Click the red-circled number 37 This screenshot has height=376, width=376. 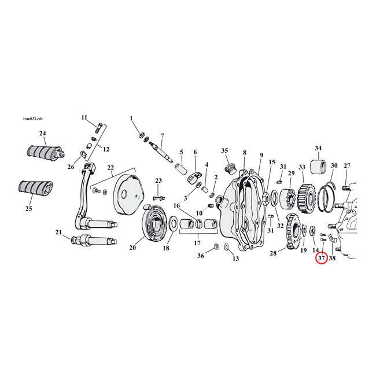pos(321,259)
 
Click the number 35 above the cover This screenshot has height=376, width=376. pos(225,151)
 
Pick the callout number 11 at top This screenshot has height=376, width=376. pos(84,117)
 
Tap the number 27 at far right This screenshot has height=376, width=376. pos(347,165)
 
